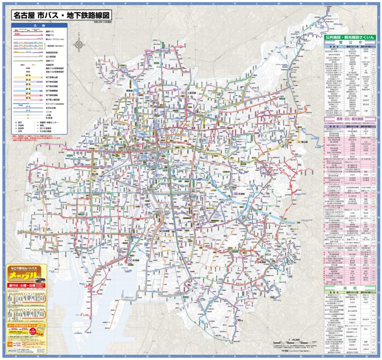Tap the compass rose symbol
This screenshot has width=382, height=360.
[79, 44]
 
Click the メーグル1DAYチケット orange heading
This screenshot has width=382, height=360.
[24, 325]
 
